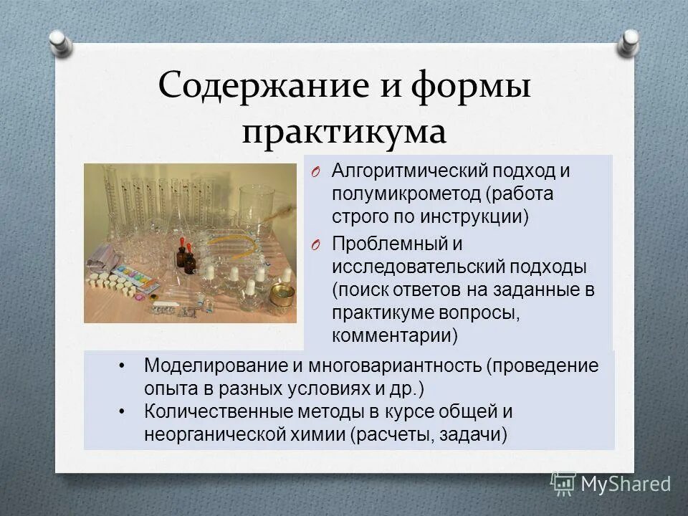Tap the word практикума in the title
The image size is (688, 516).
344,133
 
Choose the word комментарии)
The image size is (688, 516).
395,335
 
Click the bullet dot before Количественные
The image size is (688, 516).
123,411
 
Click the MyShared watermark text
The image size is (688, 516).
626,484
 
